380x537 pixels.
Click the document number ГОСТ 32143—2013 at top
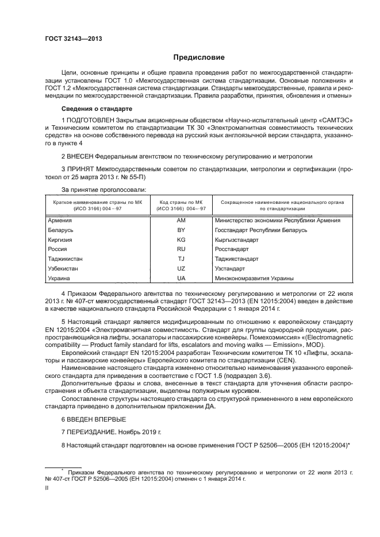(x=70, y=38)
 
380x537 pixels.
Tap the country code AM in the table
(x=181, y=220)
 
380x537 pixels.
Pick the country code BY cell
(x=181, y=230)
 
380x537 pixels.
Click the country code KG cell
(x=181, y=239)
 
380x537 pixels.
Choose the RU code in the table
(x=181, y=249)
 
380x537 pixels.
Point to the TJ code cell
(x=181, y=259)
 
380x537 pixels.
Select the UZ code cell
(x=181, y=269)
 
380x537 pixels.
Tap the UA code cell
(x=181, y=279)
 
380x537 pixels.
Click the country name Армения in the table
(x=60, y=220)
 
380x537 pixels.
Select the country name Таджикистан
(x=67, y=259)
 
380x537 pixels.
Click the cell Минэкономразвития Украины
(x=254, y=279)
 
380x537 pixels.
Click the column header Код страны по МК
(x=181, y=202)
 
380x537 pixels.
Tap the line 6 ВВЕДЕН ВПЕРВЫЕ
(x=93, y=419)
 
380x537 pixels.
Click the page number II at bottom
(x=47, y=488)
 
